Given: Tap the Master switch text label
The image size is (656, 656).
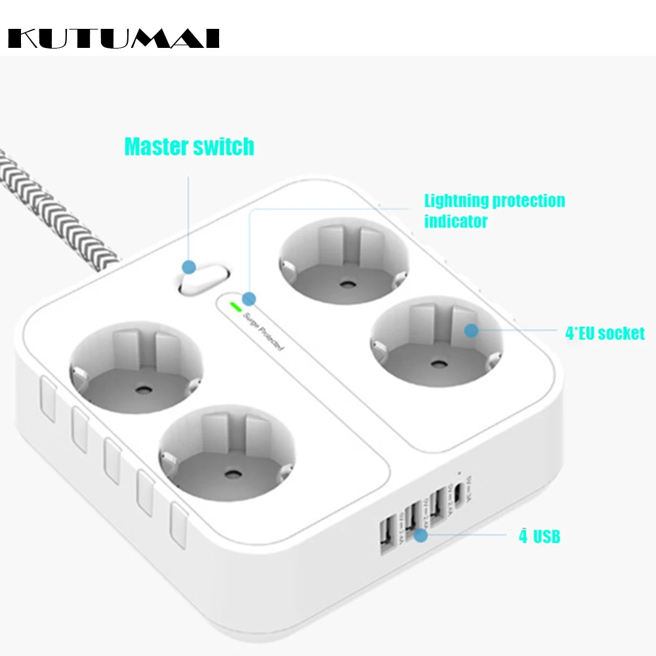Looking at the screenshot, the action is (189, 146).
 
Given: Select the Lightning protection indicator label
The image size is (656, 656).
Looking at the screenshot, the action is (494, 211).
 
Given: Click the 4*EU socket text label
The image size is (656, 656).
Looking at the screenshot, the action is (605, 333).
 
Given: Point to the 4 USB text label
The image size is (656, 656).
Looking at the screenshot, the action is (539, 537).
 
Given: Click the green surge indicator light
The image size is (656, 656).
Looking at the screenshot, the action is (234, 306).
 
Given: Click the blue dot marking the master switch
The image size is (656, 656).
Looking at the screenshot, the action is (189, 267).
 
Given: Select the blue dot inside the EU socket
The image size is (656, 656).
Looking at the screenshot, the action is (470, 330).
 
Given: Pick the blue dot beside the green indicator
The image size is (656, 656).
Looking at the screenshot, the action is (249, 297).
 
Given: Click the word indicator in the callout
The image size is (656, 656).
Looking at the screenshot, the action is (456, 222).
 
